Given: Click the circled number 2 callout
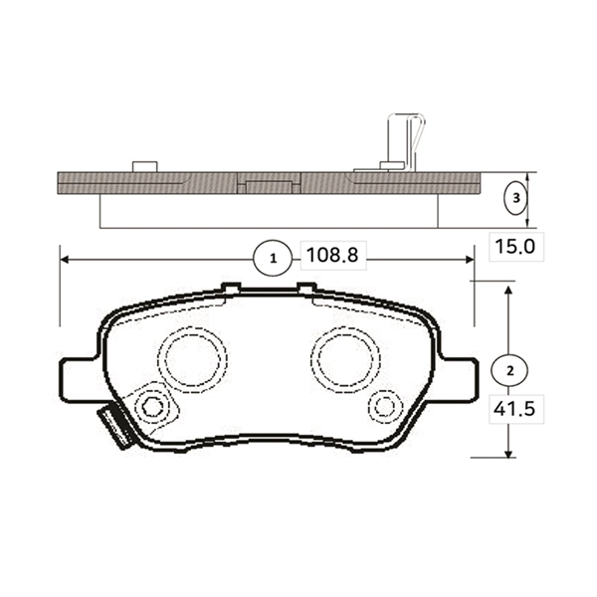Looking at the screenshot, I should tap(508, 369).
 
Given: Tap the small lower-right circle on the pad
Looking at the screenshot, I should tap(384, 406).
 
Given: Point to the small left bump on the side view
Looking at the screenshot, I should tap(145, 165).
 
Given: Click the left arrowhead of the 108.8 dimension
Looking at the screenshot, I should tap(67, 259).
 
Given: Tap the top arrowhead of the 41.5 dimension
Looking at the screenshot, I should tap(508, 290).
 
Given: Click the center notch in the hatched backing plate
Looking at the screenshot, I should tap(269, 185).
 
